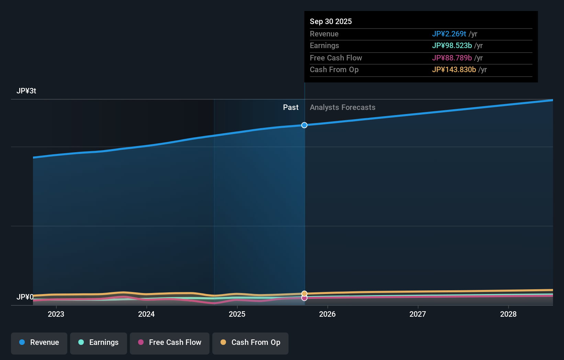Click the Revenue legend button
pyautogui.click(x=39, y=343)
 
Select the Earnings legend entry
pyautogui.click(x=99, y=343)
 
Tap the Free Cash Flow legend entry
pyautogui.click(x=170, y=343)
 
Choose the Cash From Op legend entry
pyautogui.click(x=250, y=343)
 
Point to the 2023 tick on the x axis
pyautogui.click(x=56, y=314)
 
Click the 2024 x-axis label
pyautogui.click(x=146, y=314)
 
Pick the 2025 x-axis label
pyautogui.click(x=237, y=314)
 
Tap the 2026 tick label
pyautogui.click(x=327, y=314)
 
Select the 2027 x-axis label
pyautogui.click(x=418, y=314)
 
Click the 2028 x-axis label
pyautogui.click(x=508, y=314)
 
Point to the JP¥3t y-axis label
pyautogui.click(x=26, y=91)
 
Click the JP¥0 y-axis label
pyautogui.click(x=25, y=297)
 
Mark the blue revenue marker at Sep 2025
pyautogui.click(x=304, y=125)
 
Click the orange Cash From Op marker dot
pyautogui.click(x=304, y=293)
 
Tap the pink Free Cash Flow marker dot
pyautogui.click(x=304, y=298)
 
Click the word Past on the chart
pyautogui.click(x=291, y=108)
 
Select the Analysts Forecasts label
pyautogui.click(x=342, y=108)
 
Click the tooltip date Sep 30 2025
pyautogui.click(x=331, y=22)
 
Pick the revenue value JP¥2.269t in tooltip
pyautogui.click(x=449, y=34)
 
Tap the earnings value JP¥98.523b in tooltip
pyautogui.click(x=452, y=46)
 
